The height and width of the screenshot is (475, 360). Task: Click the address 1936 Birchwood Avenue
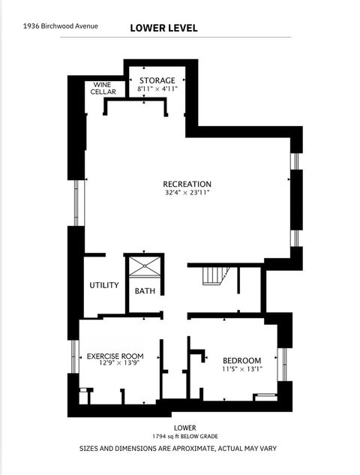(60, 26)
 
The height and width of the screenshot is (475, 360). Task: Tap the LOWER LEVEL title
(163, 28)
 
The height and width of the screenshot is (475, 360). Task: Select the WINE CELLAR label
(103, 89)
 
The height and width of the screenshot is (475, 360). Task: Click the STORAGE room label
(157, 80)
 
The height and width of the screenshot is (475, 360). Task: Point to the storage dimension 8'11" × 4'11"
(157, 89)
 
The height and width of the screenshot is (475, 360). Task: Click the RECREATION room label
(187, 184)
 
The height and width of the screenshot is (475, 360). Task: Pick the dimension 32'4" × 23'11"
(187, 193)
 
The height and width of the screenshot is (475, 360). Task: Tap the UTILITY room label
(104, 285)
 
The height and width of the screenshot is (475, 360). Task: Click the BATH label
(145, 291)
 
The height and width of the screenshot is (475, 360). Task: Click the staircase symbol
(214, 275)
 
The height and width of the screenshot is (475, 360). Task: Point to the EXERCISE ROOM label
(115, 356)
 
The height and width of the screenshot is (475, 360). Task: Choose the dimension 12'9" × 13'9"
(115, 365)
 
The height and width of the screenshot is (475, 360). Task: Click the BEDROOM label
(241, 360)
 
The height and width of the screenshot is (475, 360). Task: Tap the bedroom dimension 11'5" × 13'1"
(241, 369)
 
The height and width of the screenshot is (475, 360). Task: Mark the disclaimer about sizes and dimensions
(178, 448)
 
